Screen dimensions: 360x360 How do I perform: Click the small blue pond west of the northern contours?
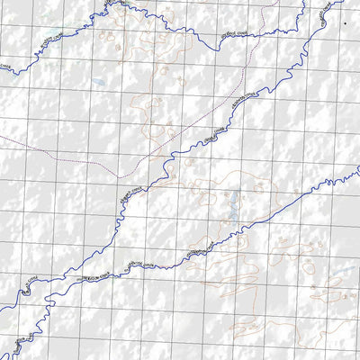[x=99, y=82]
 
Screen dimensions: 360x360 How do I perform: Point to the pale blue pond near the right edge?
[x=339, y=269]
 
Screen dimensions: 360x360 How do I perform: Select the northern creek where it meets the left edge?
[x=0, y=74]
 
